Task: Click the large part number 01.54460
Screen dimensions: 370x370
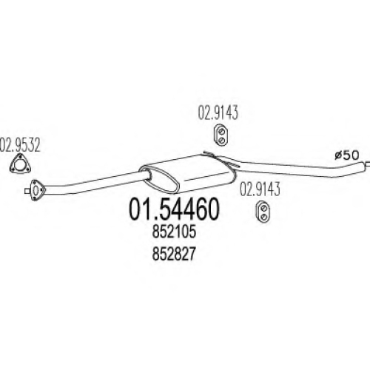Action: coord(174,209)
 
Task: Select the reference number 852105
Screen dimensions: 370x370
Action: coord(174,232)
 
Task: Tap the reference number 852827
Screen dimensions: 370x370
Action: coord(174,254)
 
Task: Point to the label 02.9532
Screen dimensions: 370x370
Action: coord(19,146)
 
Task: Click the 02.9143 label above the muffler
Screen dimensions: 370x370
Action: coord(218,113)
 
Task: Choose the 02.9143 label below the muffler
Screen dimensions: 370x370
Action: coord(260,189)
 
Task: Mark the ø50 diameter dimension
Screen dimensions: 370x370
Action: coord(347,155)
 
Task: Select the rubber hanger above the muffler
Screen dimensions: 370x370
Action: coord(221,135)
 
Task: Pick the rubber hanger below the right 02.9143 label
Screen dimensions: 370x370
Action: coord(263,212)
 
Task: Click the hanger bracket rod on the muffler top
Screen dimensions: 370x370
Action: coord(221,158)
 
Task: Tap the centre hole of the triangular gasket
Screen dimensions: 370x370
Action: coord(20,164)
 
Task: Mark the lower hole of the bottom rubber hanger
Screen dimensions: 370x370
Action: coord(263,217)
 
